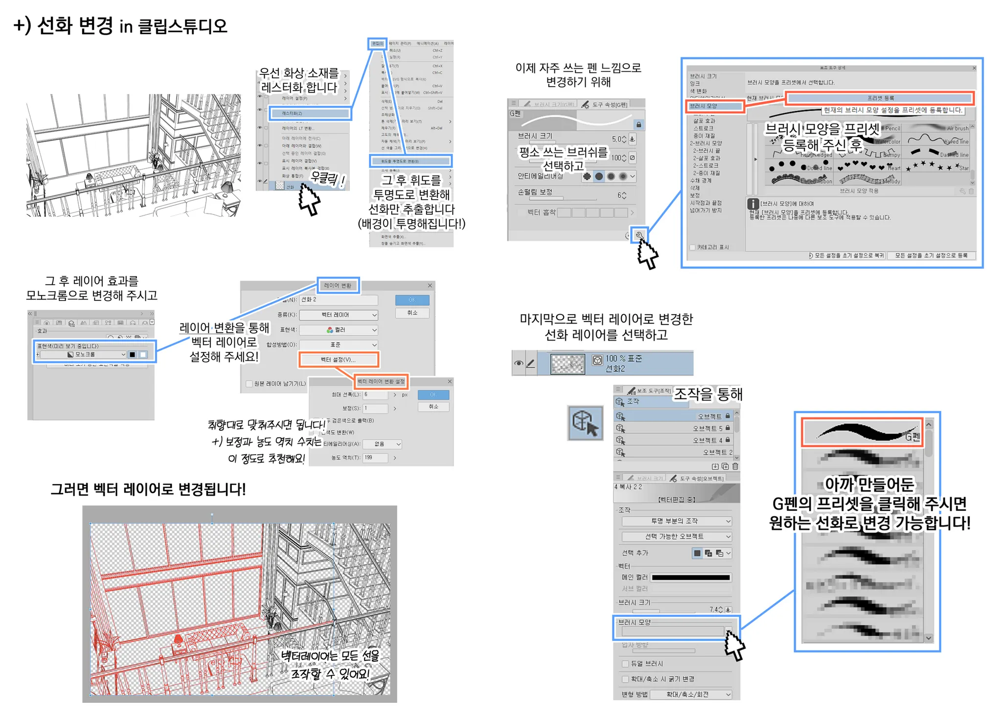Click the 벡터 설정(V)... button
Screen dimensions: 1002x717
click(x=338, y=360)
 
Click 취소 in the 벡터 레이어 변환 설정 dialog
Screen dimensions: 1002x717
click(x=433, y=407)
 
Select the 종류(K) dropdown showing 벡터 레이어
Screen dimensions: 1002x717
click(x=339, y=315)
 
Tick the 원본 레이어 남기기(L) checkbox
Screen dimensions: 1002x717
click(x=249, y=384)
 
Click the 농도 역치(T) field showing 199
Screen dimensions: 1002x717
click(x=374, y=458)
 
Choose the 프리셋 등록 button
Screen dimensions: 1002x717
click(x=880, y=98)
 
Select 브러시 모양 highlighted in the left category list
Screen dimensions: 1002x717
click(x=714, y=106)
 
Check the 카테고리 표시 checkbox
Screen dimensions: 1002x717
click(x=692, y=247)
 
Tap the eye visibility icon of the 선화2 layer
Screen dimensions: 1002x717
click(x=518, y=363)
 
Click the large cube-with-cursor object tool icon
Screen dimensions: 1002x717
click(x=585, y=423)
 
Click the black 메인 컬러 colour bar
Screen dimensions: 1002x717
click(x=691, y=578)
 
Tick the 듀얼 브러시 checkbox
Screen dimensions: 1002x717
click(x=625, y=664)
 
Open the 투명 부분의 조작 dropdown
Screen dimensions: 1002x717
click(x=676, y=521)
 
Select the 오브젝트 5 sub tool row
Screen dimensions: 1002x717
click(x=675, y=428)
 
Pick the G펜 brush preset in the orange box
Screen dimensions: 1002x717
click(x=862, y=432)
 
